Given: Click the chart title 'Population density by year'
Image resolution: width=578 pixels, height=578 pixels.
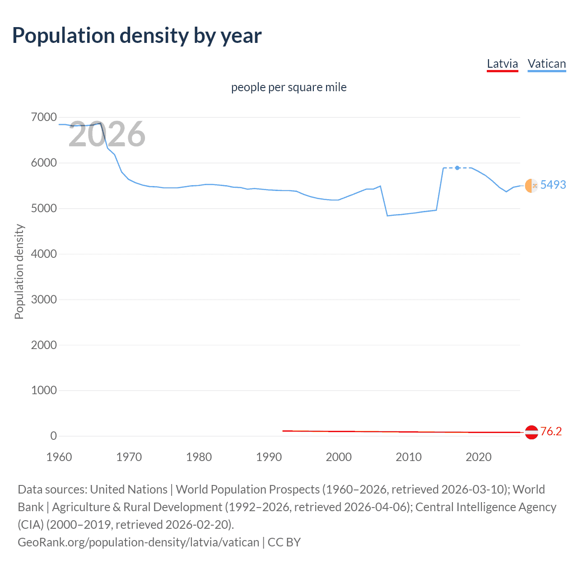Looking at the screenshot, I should point(137,36).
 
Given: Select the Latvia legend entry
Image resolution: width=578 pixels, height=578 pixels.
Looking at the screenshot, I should point(502,64).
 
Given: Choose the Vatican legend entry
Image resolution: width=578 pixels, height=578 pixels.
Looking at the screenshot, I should point(546,64).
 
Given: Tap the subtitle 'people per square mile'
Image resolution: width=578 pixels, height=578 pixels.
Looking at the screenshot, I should point(289,87).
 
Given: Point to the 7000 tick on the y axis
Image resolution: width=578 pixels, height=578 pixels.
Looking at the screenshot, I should point(44,117).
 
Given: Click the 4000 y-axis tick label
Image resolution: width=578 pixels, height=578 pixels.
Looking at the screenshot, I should point(44,254).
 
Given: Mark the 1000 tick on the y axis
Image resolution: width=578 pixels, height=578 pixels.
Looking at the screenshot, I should point(44,390).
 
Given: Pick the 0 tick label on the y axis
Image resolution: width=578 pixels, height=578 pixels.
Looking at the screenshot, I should point(53,436).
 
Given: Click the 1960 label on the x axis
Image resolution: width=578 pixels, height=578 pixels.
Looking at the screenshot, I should point(59,457).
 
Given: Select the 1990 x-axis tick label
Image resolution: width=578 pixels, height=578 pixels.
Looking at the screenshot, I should point(269,457).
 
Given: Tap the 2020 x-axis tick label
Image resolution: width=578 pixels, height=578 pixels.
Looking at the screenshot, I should point(478,457).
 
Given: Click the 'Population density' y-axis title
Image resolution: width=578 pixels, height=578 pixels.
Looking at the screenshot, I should point(19,272).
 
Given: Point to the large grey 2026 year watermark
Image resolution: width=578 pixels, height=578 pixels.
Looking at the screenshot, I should point(107,134).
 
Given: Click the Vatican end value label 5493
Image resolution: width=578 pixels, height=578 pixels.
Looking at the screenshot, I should point(553,185).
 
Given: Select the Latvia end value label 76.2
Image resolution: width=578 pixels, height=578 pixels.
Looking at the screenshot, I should point(551,432).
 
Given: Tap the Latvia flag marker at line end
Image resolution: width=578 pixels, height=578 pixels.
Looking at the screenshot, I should point(531,432).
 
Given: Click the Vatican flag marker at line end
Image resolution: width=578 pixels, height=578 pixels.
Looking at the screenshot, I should point(531,186).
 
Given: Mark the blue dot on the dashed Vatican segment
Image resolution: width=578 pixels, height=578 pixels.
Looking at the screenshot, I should point(457,168).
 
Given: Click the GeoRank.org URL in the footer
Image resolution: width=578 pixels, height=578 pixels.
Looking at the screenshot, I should point(138,542).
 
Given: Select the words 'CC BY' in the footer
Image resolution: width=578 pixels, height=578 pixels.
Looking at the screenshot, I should point(284,542).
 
